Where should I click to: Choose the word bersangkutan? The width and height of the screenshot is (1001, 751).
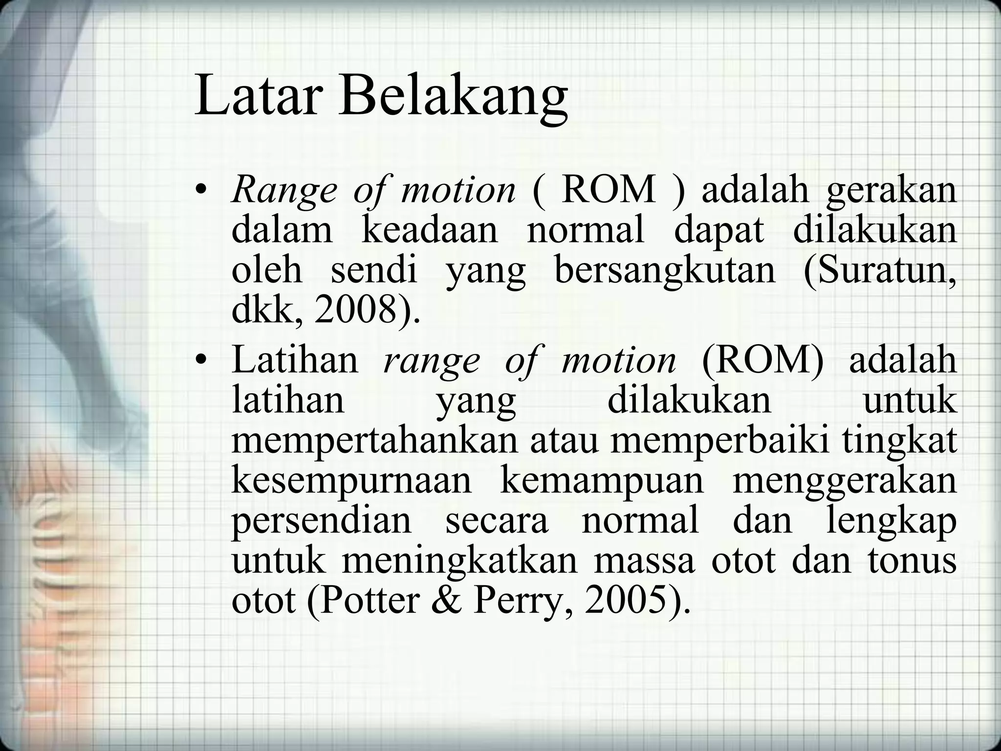665,271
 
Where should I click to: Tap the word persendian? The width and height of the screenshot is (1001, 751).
322,521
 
